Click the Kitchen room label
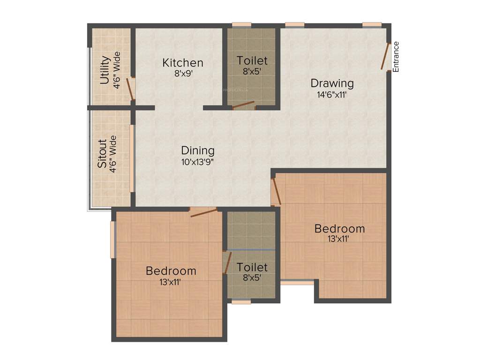tap(183, 62)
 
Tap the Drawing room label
tap(332, 83)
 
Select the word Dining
tap(198, 150)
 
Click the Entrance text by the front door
tap(396, 57)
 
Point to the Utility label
tap(105, 70)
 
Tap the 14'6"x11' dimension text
tap(332, 94)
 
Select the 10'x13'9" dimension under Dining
tap(198, 162)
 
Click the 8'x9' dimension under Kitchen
tap(183, 73)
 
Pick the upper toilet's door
tap(243, 105)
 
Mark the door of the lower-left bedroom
tap(204, 213)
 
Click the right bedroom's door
tap(277, 191)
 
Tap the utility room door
tap(132, 89)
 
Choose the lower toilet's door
tap(227, 262)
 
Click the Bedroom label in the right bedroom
tap(339, 229)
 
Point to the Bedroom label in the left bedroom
tap(171, 271)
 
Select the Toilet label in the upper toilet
tap(252, 60)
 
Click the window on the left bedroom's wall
tap(112, 239)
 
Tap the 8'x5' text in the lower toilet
tap(252, 277)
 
